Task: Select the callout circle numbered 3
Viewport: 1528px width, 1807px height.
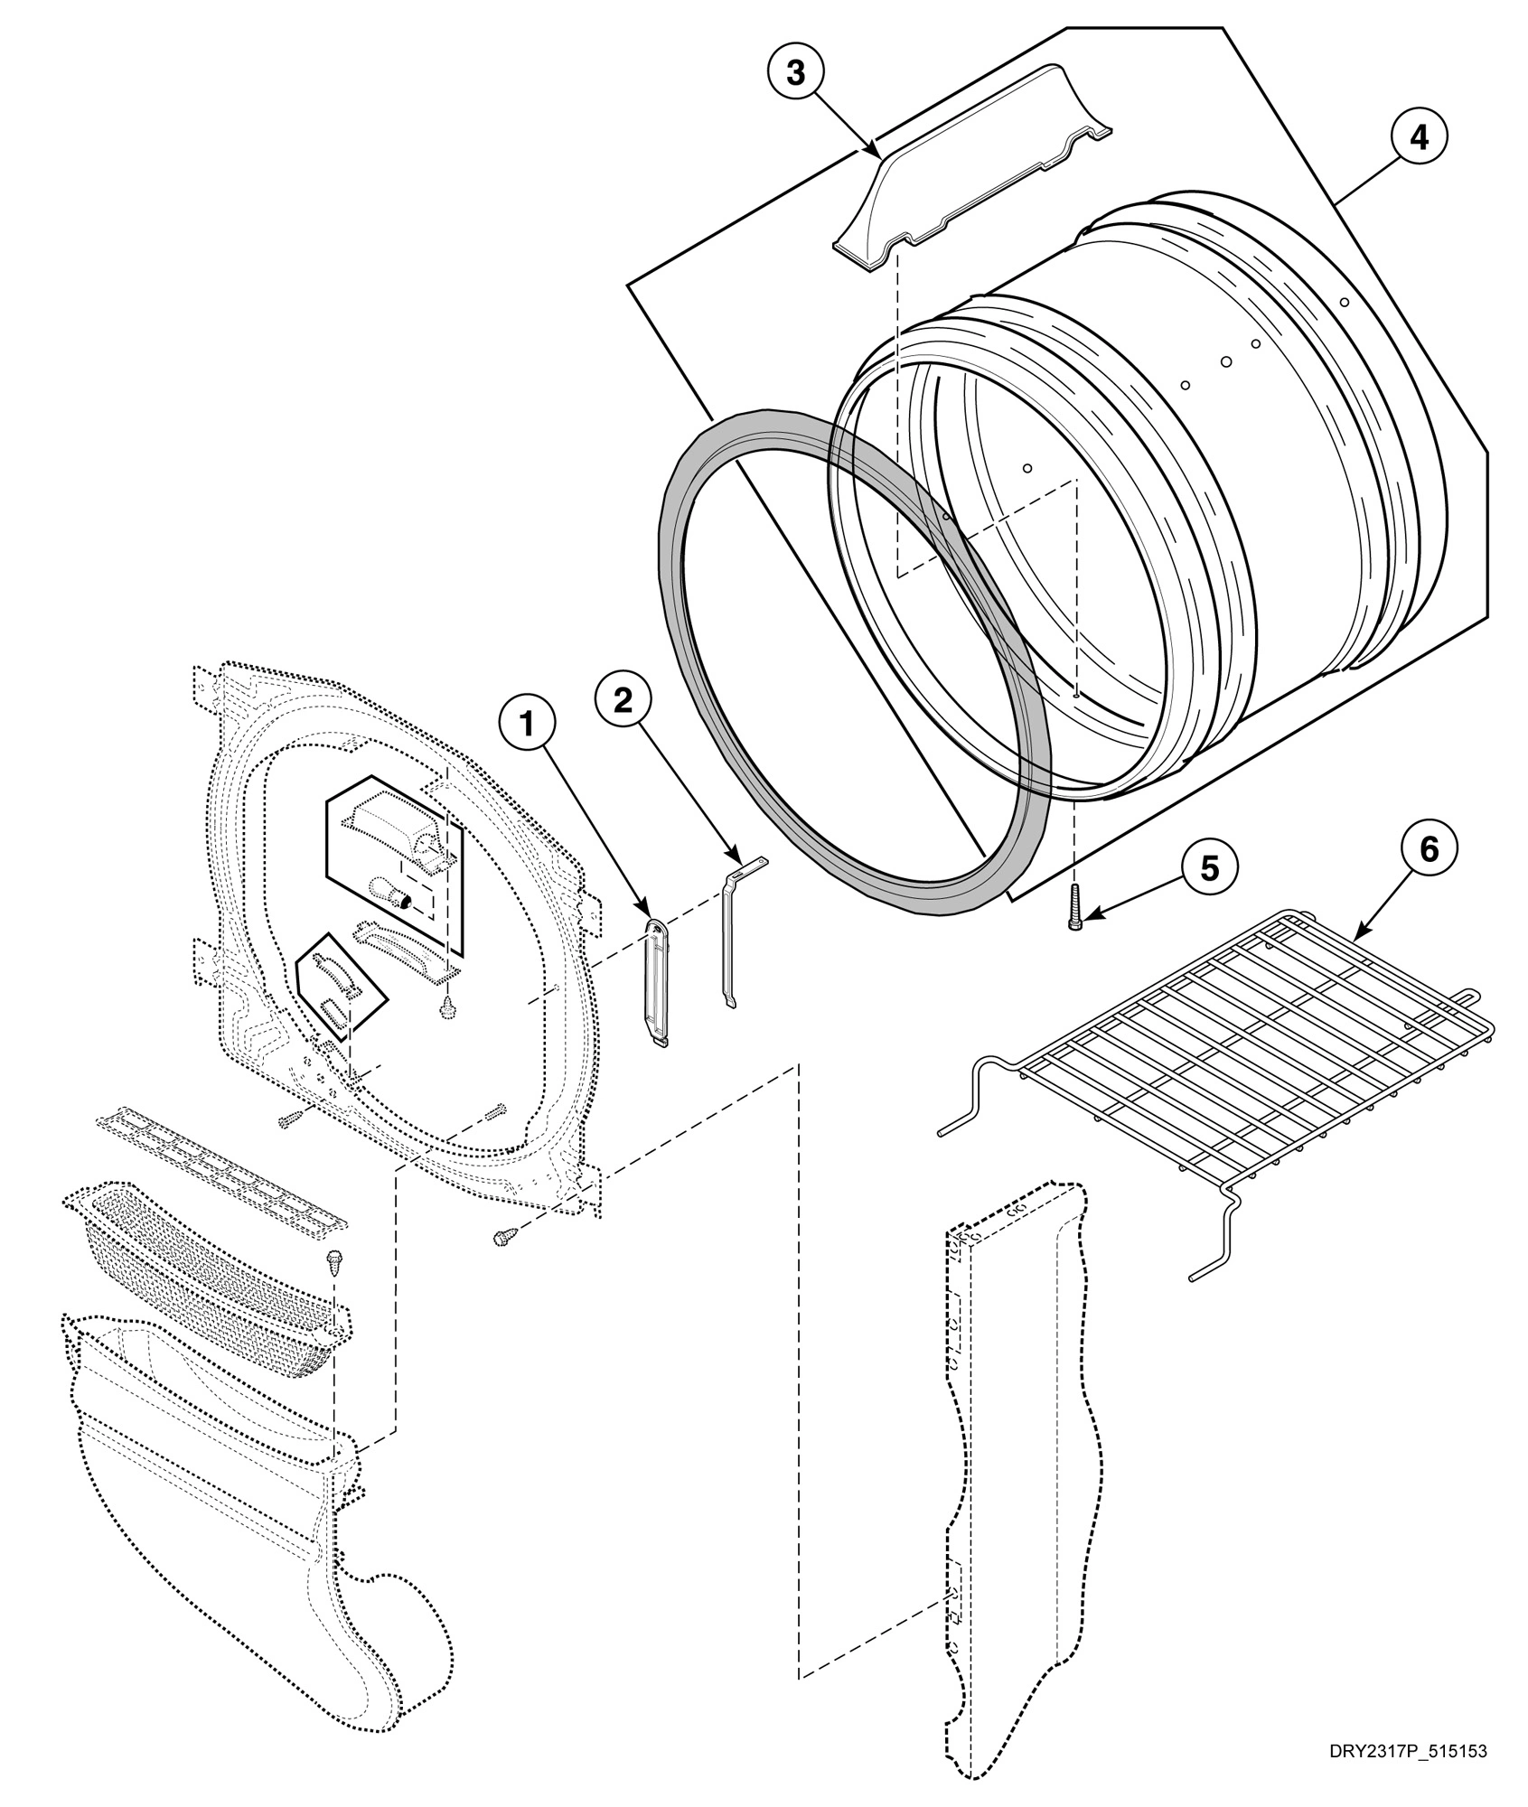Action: (x=795, y=73)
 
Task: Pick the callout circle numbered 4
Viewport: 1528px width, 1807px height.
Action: (x=1419, y=137)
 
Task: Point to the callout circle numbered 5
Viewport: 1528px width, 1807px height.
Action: (x=1208, y=868)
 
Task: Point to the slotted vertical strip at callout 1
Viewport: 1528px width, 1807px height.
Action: (x=658, y=981)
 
